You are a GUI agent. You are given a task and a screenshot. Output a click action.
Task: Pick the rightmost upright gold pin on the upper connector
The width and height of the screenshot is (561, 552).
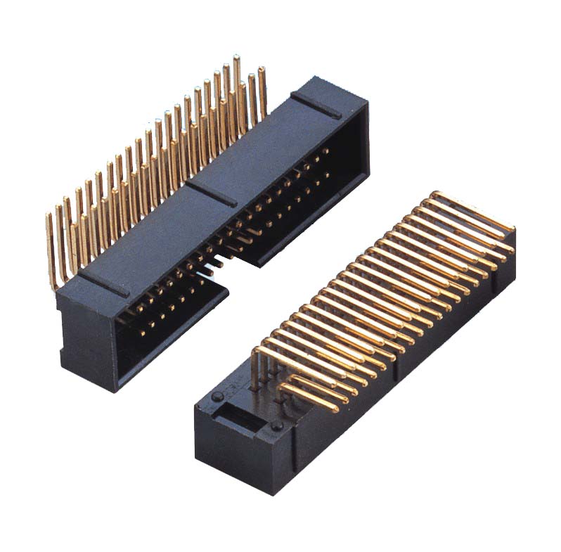click(262, 91)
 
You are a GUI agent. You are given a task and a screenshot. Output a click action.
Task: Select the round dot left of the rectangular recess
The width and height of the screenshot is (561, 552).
click(213, 399)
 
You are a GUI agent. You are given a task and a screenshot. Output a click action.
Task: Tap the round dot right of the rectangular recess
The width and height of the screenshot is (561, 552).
click(276, 427)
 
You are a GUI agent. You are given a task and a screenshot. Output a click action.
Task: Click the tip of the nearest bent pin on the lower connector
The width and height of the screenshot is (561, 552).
click(333, 408)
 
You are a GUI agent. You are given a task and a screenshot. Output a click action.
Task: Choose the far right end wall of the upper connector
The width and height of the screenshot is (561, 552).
click(355, 141)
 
